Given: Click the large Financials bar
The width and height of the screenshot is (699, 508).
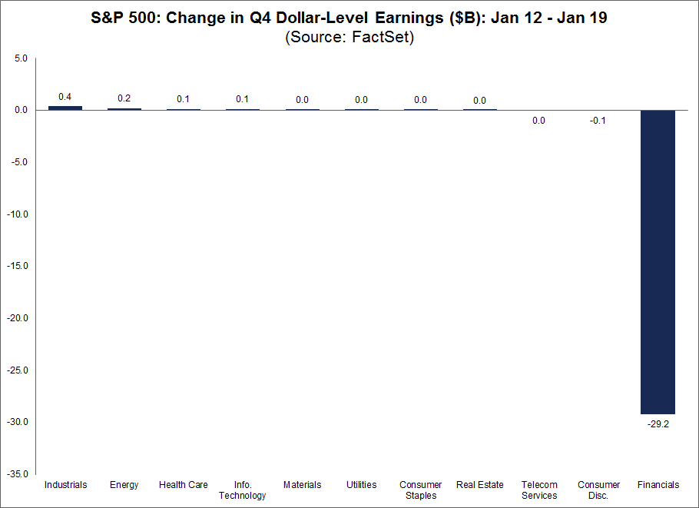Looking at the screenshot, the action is click(658, 262).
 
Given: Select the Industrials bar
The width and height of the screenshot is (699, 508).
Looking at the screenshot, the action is click(65, 108).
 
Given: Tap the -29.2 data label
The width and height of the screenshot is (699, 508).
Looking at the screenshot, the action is click(658, 424).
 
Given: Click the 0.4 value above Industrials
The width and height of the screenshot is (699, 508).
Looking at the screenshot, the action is click(65, 97).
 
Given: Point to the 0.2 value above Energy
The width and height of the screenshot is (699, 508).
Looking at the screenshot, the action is click(124, 98).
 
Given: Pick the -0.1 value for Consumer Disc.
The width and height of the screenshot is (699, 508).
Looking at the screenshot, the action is click(598, 121).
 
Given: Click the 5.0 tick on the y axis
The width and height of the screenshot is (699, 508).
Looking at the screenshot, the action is click(21, 58).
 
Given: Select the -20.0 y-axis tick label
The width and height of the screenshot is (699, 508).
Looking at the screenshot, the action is click(18, 318).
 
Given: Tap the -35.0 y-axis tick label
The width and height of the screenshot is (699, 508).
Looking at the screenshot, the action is click(18, 473).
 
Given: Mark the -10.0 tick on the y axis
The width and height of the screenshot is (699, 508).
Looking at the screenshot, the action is click(18, 214).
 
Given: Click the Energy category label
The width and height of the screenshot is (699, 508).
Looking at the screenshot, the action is click(124, 485).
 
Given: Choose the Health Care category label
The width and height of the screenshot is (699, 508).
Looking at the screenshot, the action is click(184, 484).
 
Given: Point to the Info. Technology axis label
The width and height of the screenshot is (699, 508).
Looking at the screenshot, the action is click(243, 490).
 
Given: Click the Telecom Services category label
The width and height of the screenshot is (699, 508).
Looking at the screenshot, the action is click(539, 490).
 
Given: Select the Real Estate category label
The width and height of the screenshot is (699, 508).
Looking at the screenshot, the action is click(479, 484).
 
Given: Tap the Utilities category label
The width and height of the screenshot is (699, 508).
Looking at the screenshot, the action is click(362, 484).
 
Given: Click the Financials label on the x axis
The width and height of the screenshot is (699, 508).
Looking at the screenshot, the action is click(658, 484).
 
